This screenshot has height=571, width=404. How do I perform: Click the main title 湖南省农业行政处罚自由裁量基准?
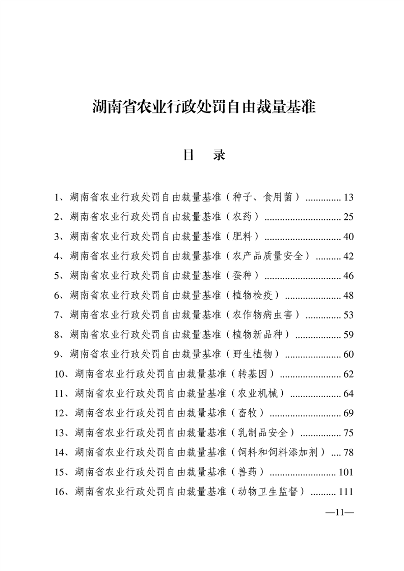(x=204, y=107)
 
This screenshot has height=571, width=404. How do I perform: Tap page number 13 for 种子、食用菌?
(x=348, y=197)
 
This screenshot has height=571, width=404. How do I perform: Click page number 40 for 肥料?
(x=348, y=237)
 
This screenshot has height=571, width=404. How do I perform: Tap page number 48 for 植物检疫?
(x=348, y=296)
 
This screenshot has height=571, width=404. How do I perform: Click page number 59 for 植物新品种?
(x=348, y=335)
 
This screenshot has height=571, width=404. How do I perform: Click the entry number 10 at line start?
(x=61, y=375)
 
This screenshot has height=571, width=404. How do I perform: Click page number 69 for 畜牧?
(x=348, y=414)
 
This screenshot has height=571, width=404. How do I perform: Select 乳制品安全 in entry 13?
(x=265, y=434)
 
